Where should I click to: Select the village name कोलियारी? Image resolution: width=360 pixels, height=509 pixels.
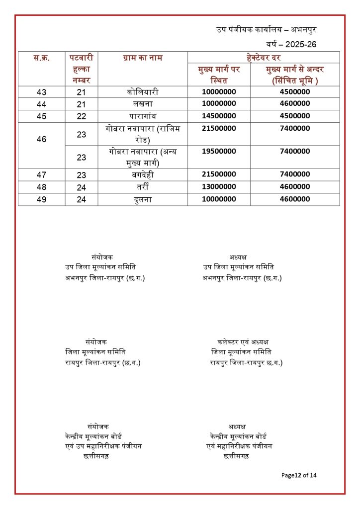pos(143,92)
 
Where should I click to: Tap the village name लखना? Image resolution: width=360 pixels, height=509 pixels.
pos(143,104)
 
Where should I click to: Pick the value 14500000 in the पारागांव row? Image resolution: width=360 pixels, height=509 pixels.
pos(219,116)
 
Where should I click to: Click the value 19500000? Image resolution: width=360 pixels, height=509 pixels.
pos(219,151)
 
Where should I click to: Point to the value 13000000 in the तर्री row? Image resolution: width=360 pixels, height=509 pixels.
pos(219,186)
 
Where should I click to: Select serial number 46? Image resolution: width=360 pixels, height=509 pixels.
pos(42,140)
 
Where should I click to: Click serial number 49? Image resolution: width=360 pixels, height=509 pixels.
pos(42,199)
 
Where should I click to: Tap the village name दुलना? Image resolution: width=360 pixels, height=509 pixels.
pos(143,199)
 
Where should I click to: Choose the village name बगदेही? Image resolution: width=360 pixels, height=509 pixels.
pos(143,174)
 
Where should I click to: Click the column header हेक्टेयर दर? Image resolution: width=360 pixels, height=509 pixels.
pos(263,58)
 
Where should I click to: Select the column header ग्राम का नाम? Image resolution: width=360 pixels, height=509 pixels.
pos(143,58)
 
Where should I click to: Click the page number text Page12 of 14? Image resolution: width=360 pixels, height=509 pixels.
pos(299,475)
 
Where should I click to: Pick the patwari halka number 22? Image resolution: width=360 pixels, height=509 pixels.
pos(82,116)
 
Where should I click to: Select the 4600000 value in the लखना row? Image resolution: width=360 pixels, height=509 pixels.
pos(295,104)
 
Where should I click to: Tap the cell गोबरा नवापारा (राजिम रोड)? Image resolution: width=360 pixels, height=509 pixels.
pos(143,134)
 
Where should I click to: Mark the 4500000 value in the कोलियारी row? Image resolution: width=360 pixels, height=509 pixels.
pos(295,92)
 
